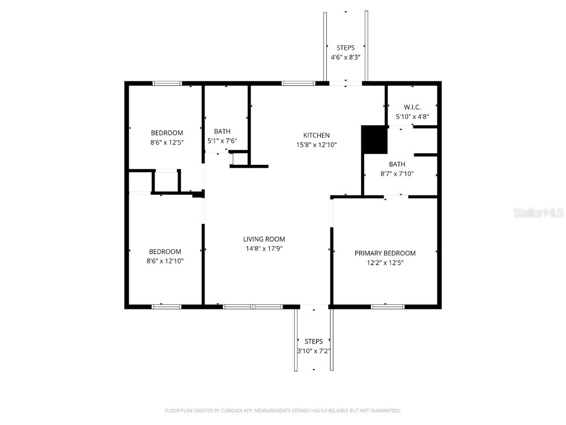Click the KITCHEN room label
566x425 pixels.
click(316, 135)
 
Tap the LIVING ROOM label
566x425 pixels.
click(264, 239)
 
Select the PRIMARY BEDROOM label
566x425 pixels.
click(385, 253)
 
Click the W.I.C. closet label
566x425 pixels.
click(412, 107)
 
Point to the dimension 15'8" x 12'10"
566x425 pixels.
click(316, 144)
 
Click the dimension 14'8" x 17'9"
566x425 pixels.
click(264, 248)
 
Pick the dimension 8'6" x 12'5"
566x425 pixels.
click(167, 142)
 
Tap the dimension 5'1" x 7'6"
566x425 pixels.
click(222, 141)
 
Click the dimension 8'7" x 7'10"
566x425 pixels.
click(397, 173)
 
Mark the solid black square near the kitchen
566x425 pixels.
click(374, 139)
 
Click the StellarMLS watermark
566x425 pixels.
click(538, 212)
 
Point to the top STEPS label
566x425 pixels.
click(345, 48)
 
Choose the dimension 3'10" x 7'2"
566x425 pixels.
click(314, 351)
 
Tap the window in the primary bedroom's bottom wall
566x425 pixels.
click(387, 306)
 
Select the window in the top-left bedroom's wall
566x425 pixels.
click(167, 83)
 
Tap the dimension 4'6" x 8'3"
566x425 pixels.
click(345, 58)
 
